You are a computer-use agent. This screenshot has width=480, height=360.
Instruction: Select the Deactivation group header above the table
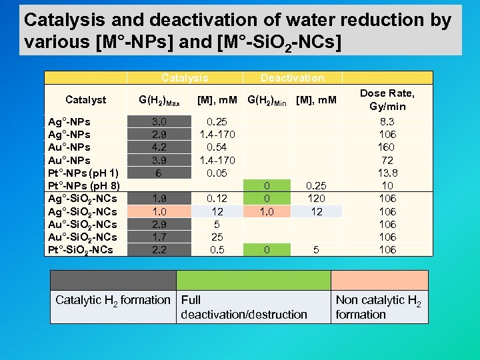pyautogui.click(x=292, y=78)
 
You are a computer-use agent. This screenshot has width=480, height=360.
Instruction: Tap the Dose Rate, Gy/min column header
pyautogui.click(x=387, y=100)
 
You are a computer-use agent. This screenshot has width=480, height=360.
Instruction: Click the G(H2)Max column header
pyautogui.click(x=159, y=101)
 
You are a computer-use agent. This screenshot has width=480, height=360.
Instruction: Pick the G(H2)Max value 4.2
pyautogui.click(x=159, y=147)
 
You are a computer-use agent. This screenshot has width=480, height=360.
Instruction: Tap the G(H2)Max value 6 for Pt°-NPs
pyautogui.click(x=159, y=173)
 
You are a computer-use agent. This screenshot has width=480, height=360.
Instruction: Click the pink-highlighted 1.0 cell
pyautogui.click(x=159, y=211)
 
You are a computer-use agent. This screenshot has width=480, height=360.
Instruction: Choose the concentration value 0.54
pyautogui.click(x=217, y=147)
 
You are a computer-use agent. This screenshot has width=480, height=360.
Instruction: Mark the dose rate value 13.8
pyautogui.click(x=387, y=173)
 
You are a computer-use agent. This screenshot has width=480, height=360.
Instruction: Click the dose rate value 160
pyautogui.click(x=387, y=147)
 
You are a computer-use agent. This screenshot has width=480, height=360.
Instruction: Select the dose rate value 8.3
pyautogui.click(x=387, y=122)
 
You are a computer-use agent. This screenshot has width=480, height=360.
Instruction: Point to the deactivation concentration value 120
pyautogui.click(x=316, y=199)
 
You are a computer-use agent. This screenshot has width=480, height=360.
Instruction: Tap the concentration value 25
pyautogui.click(x=217, y=237)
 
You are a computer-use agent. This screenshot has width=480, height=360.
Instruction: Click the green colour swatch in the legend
pyautogui.click(x=253, y=280)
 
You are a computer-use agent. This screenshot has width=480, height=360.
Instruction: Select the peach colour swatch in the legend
pyautogui.click(x=379, y=280)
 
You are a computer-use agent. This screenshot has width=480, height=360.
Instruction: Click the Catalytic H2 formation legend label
pyautogui.click(x=113, y=300)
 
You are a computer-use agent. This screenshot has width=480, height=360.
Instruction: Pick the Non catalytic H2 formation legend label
pyautogui.click(x=379, y=307)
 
